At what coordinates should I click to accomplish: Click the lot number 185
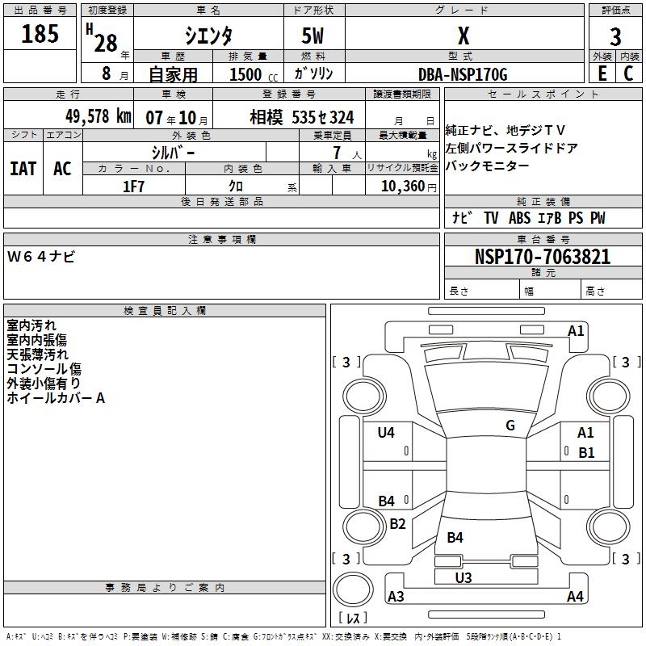(x=40, y=35)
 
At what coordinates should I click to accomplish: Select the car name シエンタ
(x=208, y=36)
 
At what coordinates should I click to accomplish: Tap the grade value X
(x=463, y=36)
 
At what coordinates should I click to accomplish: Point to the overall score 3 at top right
(x=615, y=37)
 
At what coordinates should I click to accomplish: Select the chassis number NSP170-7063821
(x=543, y=257)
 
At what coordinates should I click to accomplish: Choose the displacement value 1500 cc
(x=252, y=74)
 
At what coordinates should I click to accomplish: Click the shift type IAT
(x=23, y=169)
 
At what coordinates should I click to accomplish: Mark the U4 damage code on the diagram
(x=386, y=433)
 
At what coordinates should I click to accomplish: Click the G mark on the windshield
(x=510, y=425)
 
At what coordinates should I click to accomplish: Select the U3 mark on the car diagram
(x=464, y=577)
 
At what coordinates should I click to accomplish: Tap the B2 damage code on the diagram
(x=397, y=523)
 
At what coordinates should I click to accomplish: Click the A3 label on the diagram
(x=396, y=597)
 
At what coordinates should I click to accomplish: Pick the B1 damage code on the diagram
(x=586, y=453)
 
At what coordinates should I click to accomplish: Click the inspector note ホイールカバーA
(x=57, y=398)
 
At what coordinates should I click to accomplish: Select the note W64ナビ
(x=42, y=257)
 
